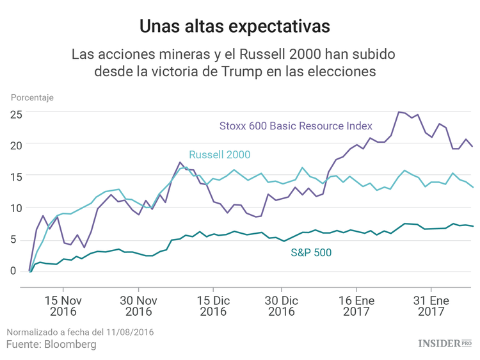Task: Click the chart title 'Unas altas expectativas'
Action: click(x=235, y=26)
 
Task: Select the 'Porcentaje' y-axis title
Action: click(x=32, y=98)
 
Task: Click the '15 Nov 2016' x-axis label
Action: click(x=63, y=306)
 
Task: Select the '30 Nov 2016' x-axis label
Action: click(x=138, y=306)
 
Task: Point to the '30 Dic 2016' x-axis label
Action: click(x=281, y=306)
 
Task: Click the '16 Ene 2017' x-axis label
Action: click(x=356, y=306)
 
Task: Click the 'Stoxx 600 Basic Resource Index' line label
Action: click(x=296, y=126)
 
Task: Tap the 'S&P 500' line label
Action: click(x=312, y=252)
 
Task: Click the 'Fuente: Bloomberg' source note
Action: click(x=51, y=345)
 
